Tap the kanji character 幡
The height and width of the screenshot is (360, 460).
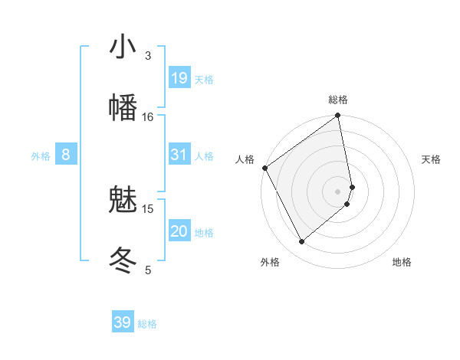123,108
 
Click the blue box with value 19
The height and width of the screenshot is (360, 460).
179,78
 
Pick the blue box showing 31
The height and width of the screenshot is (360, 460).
179,155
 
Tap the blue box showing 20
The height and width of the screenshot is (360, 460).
179,231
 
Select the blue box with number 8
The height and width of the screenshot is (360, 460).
66,155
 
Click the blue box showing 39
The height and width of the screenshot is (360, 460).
123,322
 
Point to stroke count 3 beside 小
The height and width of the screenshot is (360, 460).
148,56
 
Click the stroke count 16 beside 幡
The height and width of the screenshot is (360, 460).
148,117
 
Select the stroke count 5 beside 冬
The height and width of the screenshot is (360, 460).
148,270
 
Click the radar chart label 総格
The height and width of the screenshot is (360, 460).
338,100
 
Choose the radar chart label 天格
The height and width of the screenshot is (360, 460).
432,159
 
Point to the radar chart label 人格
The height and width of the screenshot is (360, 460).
245,159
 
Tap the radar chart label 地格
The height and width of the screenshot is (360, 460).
402,262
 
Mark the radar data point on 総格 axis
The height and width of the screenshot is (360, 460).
338,116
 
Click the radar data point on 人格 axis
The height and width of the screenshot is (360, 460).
264,168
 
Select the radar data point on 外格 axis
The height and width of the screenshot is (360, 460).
301,241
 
